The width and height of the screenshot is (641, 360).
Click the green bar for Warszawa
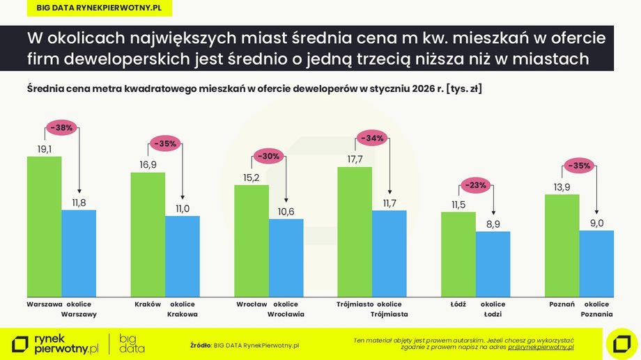click(44, 226)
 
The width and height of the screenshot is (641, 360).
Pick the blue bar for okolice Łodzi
click(493, 264)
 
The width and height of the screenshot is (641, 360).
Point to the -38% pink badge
click(61, 128)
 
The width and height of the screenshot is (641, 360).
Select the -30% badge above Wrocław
click(269, 157)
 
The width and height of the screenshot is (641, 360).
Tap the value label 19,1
click(44, 148)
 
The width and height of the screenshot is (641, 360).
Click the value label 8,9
click(493, 223)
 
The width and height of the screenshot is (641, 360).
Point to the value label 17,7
click(355, 159)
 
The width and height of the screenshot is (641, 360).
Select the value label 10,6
click(286, 211)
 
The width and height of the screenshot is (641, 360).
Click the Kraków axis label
click(148, 304)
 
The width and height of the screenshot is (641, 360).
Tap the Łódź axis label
click(458, 304)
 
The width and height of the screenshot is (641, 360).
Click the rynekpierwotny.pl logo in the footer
click(56, 343)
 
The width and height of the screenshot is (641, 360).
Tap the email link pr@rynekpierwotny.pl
click(541, 346)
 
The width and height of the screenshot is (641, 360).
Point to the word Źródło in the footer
click(200, 344)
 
